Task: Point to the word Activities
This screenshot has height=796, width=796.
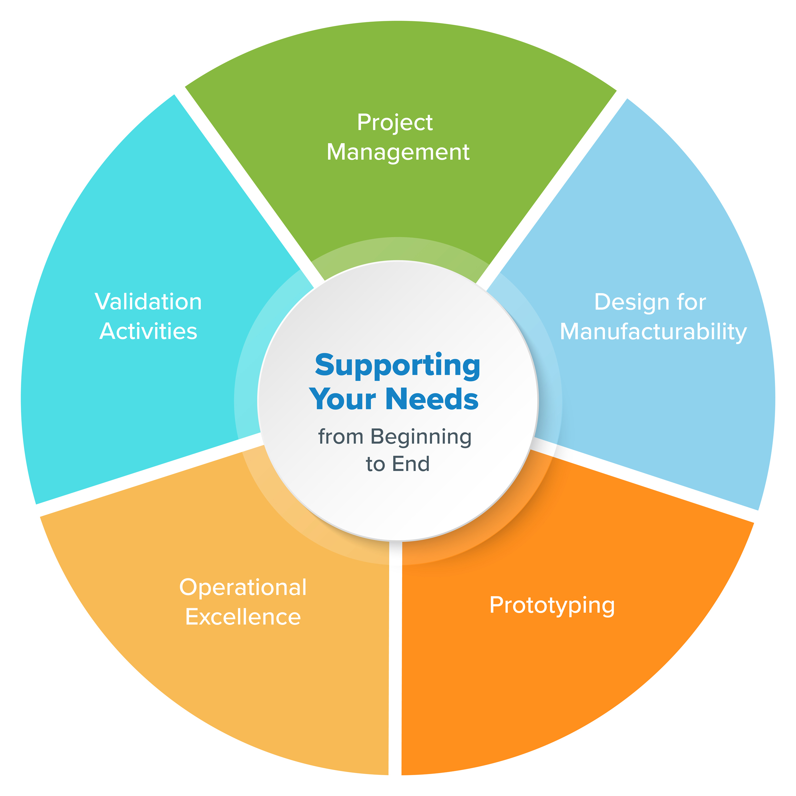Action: click(x=148, y=331)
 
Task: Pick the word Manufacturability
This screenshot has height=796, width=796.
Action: click(x=653, y=332)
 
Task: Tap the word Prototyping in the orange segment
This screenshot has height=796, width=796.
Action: click(x=552, y=605)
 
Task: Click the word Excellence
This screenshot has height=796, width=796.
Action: click(x=243, y=617)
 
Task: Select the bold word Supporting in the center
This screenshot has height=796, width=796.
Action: click(x=398, y=366)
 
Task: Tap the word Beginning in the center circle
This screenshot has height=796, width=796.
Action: click(x=421, y=437)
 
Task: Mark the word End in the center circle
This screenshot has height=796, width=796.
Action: click(x=411, y=464)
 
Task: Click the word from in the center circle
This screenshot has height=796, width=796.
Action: click(x=340, y=437)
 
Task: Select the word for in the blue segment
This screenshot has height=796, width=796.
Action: click(x=691, y=302)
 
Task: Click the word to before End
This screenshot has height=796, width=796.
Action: click(x=375, y=464)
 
